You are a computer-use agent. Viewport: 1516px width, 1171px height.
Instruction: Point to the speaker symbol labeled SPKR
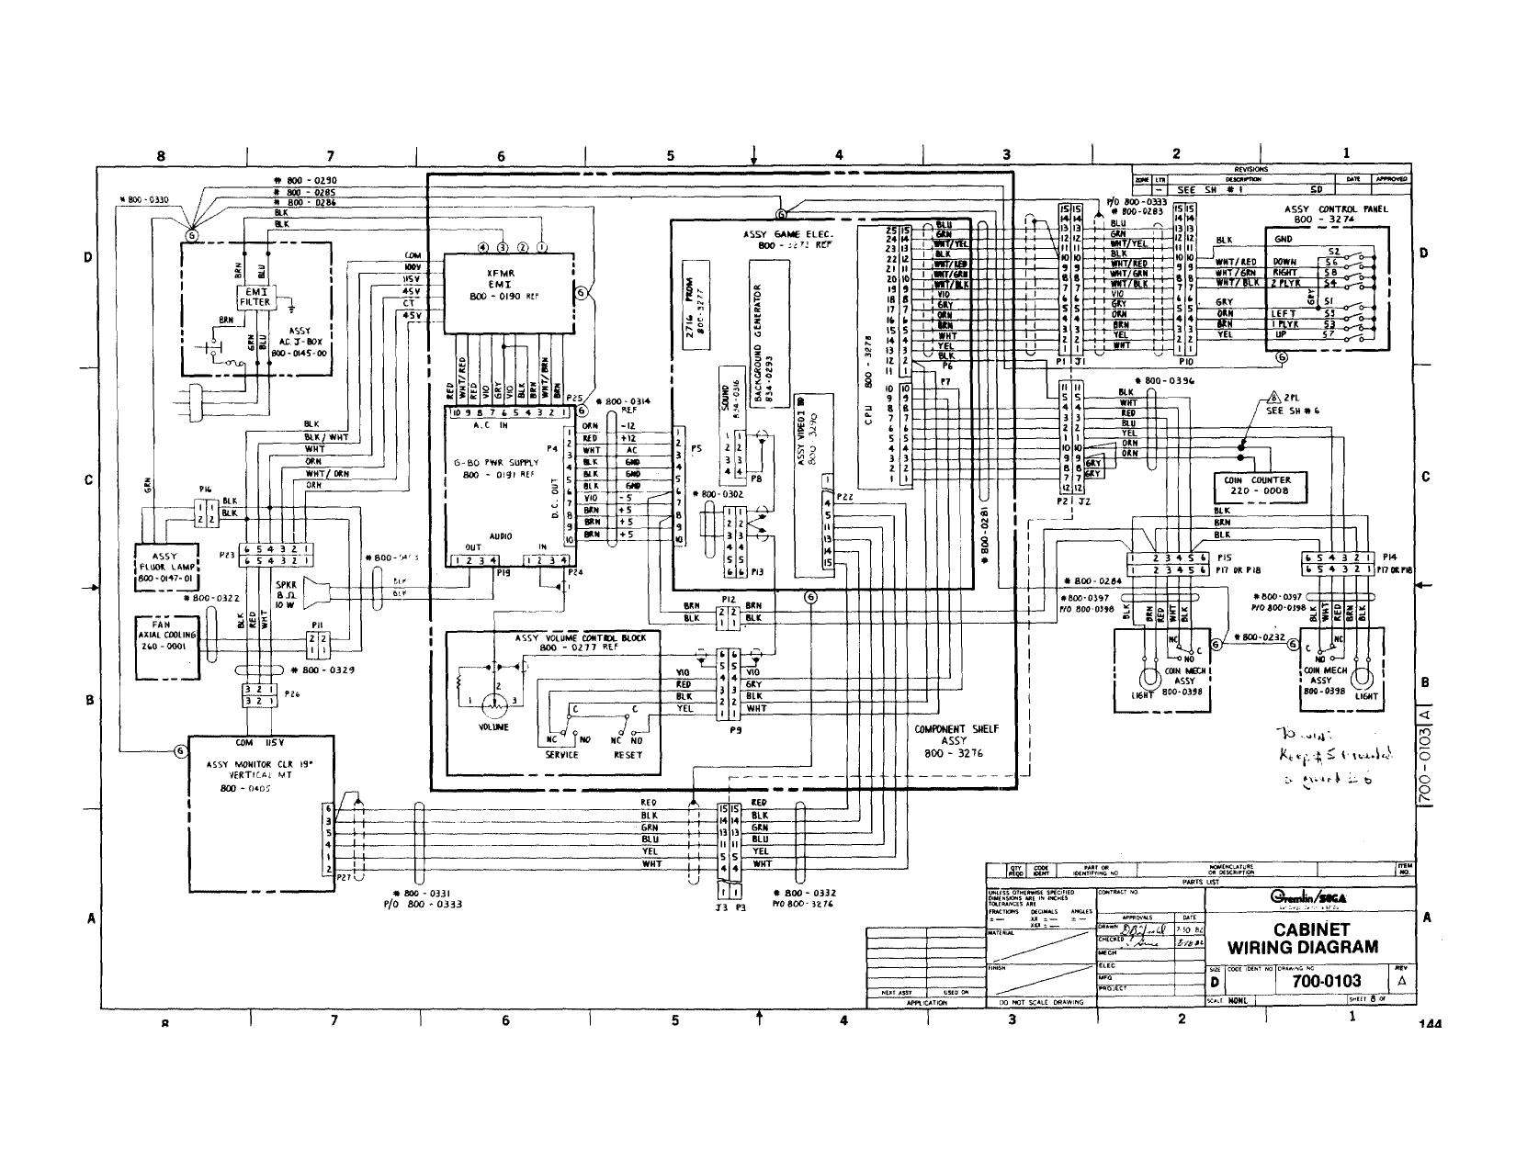315,591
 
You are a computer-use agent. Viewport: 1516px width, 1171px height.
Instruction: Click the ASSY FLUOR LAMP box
167,568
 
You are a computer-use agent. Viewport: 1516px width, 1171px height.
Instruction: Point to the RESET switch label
628,755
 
